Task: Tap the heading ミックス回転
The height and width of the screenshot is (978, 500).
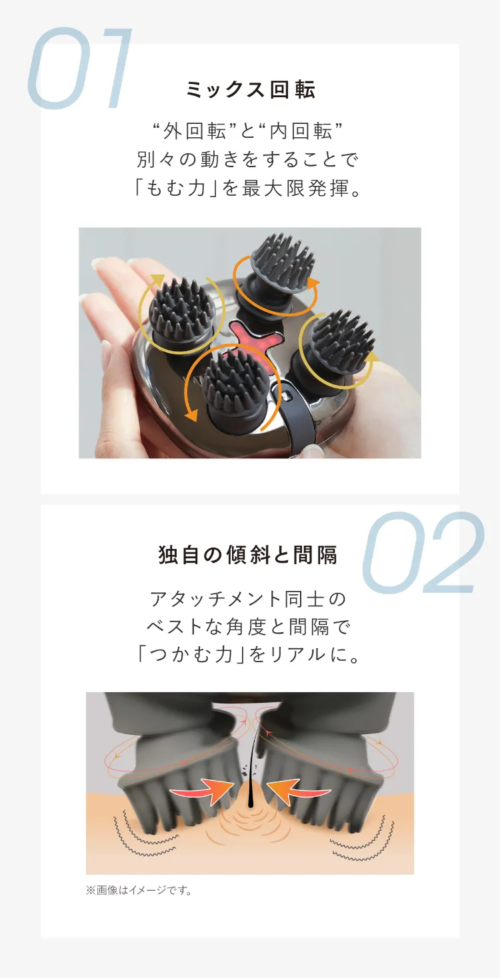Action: [250, 89]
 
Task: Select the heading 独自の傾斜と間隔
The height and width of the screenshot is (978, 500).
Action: [248, 555]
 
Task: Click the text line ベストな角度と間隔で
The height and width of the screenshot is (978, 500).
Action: [248, 627]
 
